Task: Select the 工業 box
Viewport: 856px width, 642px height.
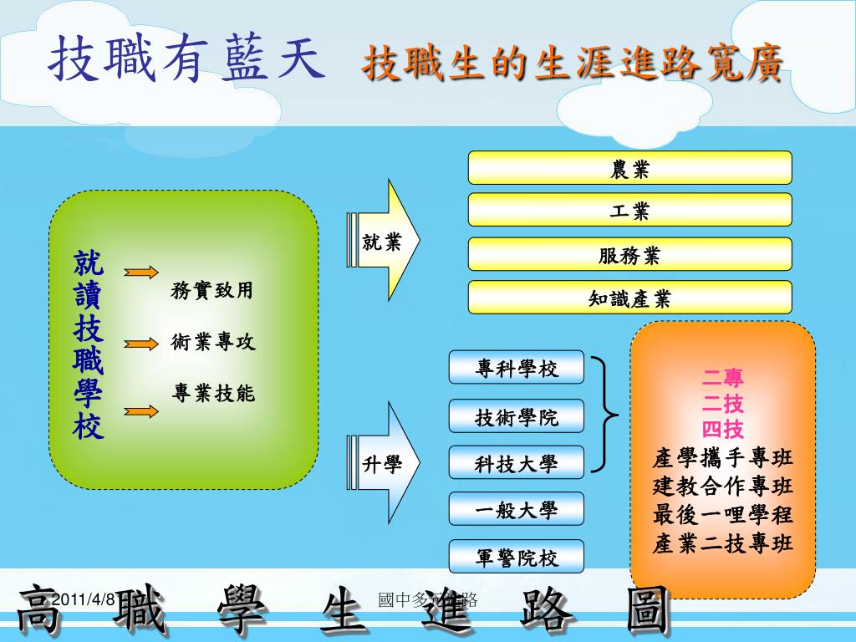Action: [x=629, y=210]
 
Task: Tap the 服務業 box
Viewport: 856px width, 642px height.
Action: [x=629, y=254]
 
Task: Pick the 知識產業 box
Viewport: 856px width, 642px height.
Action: [x=629, y=298]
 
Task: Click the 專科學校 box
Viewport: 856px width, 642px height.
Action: [x=517, y=367]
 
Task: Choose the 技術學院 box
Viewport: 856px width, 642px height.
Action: [x=517, y=415]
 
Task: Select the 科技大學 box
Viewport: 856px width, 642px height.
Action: [x=517, y=463]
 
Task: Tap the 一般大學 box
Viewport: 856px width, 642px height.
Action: [x=517, y=509]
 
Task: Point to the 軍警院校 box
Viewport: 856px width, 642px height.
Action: [x=517, y=557]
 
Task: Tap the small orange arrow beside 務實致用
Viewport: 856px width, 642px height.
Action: [x=141, y=272]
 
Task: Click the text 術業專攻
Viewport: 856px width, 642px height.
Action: [x=213, y=342]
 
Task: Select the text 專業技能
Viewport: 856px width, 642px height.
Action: [x=213, y=392]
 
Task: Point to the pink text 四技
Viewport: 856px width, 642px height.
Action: [x=723, y=430]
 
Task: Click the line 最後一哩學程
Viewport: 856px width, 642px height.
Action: [x=723, y=514]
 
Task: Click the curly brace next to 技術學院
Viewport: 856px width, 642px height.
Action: [x=608, y=415]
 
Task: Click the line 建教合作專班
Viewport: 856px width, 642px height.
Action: [x=723, y=486]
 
